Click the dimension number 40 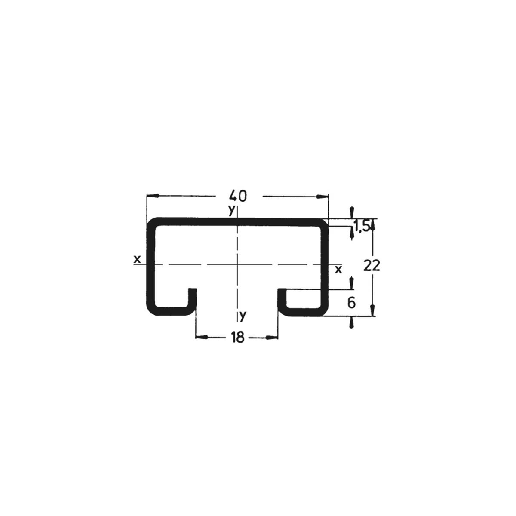pyautogui.click(x=238, y=196)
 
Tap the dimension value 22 pyautogui.click(x=372, y=266)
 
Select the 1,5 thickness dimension pyautogui.click(x=362, y=227)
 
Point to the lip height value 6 pyautogui.click(x=351, y=303)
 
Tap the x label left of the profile pyautogui.click(x=137, y=259)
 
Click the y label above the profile pyautogui.click(x=231, y=210)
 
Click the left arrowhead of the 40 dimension pyautogui.click(x=153, y=196)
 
